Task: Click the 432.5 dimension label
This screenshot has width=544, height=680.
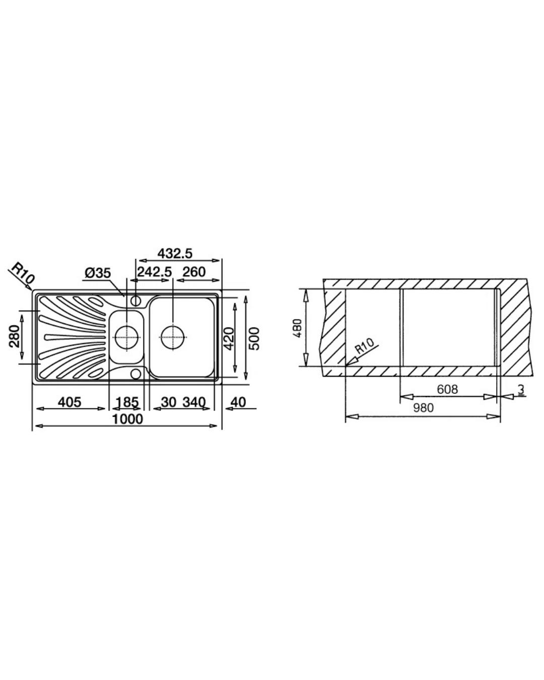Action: [175, 253]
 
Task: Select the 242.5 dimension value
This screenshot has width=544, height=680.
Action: [154, 271]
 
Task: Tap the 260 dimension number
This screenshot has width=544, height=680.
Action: [194, 271]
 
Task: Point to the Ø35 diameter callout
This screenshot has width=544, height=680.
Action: [98, 273]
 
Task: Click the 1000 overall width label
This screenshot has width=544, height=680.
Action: [128, 419]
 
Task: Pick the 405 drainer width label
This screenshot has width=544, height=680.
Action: [70, 402]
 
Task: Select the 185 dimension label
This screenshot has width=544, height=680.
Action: [127, 402]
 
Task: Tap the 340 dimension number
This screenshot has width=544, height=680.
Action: [194, 402]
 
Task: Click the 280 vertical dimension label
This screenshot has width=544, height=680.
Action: [15, 336]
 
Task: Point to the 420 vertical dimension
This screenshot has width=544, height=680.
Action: [229, 338]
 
